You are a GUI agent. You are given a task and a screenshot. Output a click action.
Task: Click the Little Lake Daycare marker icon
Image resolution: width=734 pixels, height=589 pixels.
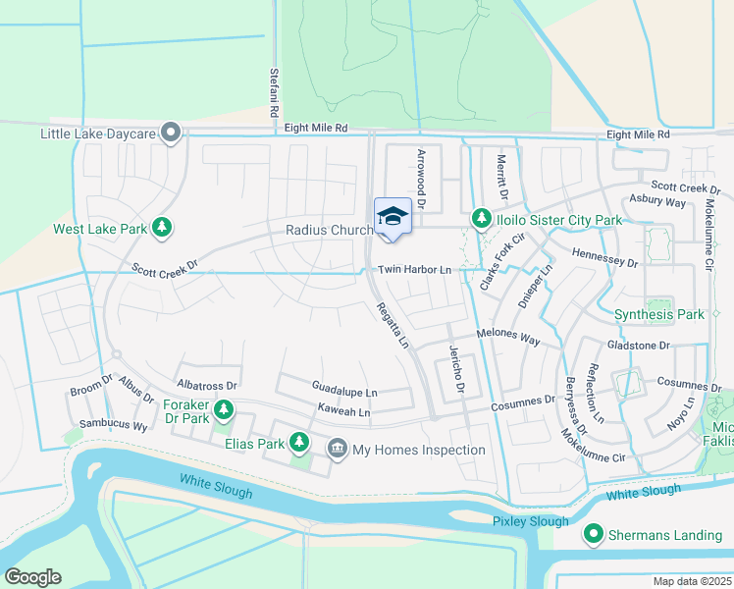pyautogui.click(x=172, y=133)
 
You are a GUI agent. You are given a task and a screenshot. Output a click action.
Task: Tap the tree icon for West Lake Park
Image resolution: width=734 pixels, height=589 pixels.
pyautogui.click(x=162, y=229)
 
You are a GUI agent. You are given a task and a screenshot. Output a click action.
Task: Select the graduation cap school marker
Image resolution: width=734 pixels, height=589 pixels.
pyautogui.click(x=393, y=217)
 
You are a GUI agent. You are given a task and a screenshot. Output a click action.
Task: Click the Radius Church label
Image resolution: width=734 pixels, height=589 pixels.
pyautogui.click(x=329, y=230)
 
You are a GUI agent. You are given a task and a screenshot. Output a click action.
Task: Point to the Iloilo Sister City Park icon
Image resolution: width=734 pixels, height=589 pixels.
pyautogui.click(x=481, y=219)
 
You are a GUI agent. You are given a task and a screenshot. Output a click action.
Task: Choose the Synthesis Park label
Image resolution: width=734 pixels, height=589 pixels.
pyautogui.click(x=658, y=315)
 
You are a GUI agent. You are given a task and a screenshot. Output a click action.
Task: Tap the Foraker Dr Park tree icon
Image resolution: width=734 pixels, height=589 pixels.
pyautogui.click(x=225, y=408)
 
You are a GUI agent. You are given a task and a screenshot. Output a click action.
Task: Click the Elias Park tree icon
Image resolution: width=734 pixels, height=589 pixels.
pyautogui.click(x=299, y=443)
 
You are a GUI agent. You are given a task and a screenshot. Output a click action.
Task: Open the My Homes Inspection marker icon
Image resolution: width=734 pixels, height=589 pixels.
pyautogui.click(x=337, y=450)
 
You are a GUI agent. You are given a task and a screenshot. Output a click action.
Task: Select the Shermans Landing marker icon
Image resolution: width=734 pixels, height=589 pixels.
pyautogui.click(x=593, y=535)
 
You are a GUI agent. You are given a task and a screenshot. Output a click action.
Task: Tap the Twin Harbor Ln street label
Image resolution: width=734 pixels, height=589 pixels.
pyautogui.click(x=414, y=269)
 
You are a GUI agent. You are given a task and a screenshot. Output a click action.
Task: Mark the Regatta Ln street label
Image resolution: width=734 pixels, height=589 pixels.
pyautogui.click(x=393, y=325)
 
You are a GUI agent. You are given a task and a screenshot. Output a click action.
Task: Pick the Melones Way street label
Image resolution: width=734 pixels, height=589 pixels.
pyautogui.click(x=508, y=338)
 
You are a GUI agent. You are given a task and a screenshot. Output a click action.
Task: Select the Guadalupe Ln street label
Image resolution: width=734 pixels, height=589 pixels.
pyautogui.click(x=343, y=392)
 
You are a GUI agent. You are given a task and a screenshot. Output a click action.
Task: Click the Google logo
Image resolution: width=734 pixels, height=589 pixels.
pyautogui.click(x=32, y=577)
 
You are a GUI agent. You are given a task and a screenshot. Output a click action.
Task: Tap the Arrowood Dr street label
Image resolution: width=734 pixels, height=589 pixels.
pyautogui.click(x=421, y=179)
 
